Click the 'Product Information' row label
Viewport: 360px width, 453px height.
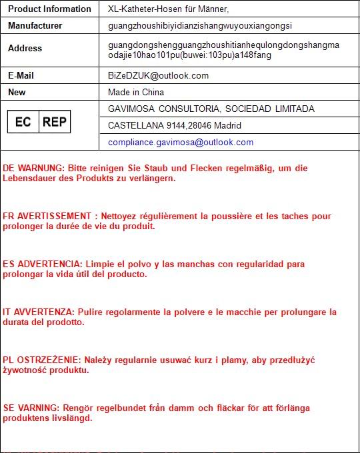tap(49, 9)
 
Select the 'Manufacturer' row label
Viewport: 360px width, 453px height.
tap(35, 25)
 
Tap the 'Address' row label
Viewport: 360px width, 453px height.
tap(25, 48)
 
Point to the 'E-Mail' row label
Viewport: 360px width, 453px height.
tap(21, 75)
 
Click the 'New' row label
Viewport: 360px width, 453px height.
tap(17, 92)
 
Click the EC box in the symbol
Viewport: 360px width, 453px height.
tap(23, 122)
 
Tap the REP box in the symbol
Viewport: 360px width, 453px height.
tap(54, 122)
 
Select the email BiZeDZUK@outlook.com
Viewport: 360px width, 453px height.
tap(158, 75)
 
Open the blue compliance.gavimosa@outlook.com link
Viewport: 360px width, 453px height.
tap(181, 142)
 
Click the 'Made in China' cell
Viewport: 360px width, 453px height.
tap(136, 92)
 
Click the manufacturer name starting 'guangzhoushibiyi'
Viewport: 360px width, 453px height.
tap(200, 25)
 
